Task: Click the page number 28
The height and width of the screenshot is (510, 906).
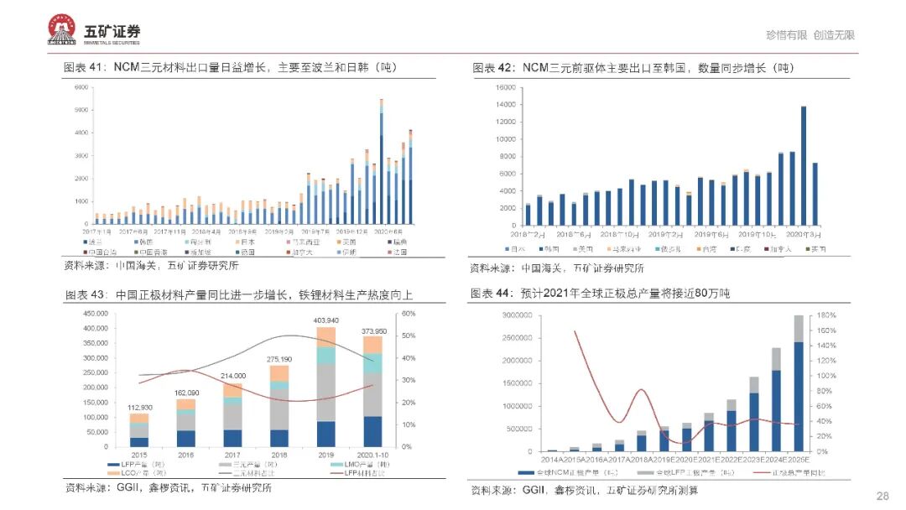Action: click(x=882, y=496)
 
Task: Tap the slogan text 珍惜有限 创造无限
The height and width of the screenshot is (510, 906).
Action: click(x=810, y=35)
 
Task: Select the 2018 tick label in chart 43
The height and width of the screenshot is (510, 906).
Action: click(x=279, y=454)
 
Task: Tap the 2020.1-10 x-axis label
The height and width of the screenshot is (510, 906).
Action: click(x=373, y=454)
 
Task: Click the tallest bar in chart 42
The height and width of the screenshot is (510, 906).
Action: click(x=804, y=166)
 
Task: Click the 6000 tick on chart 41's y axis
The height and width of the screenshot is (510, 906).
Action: click(x=81, y=87)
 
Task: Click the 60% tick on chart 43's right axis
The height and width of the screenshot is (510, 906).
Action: click(x=409, y=314)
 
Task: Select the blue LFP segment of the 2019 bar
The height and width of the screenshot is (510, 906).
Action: click(x=325, y=434)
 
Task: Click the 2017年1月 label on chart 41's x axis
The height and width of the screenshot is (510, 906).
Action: click(x=97, y=229)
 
